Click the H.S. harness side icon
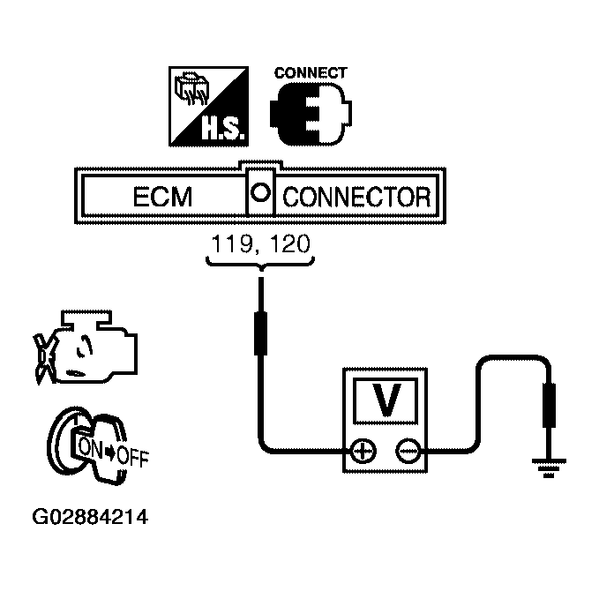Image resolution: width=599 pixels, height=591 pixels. pyautogui.click(x=208, y=106)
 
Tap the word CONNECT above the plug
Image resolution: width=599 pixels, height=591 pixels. pyautogui.click(x=311, y=72)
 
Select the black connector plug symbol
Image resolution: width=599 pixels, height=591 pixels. pyautogui.click(x=311, y=114)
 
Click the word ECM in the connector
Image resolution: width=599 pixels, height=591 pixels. pyautogui.click(x=162, y=197)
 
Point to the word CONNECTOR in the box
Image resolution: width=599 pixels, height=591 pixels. pyautogui.click(x=356, y=197)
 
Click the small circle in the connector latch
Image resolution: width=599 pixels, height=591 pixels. pyautogui.click(x=260, y=191)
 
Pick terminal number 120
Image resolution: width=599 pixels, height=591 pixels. pyautogui.click(x=289, y=243)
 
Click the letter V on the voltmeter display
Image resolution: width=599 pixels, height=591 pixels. pyautogui.click(x=386, y=400)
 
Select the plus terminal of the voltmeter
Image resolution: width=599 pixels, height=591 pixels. pyautogui.click(x=363, y=452)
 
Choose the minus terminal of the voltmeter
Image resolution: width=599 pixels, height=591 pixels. pyautogui.click(x=408, y=452)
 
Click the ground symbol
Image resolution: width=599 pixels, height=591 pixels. pyautogui.click(x=549, y=468)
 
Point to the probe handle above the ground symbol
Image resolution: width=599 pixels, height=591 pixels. pyautogui.click(x=549, y=406)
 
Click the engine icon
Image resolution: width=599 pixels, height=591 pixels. pyautogui.click(x=86, y=348)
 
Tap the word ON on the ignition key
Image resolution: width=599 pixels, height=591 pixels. pyautogui.click(x=90, y=447)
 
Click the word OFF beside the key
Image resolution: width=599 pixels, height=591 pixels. pyautogui.click(x=132, y=456)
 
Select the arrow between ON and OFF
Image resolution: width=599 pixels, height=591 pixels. pyautogui.click(x=110, y=453)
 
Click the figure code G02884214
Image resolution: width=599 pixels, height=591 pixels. pyautogui.click(x=90, y=517)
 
